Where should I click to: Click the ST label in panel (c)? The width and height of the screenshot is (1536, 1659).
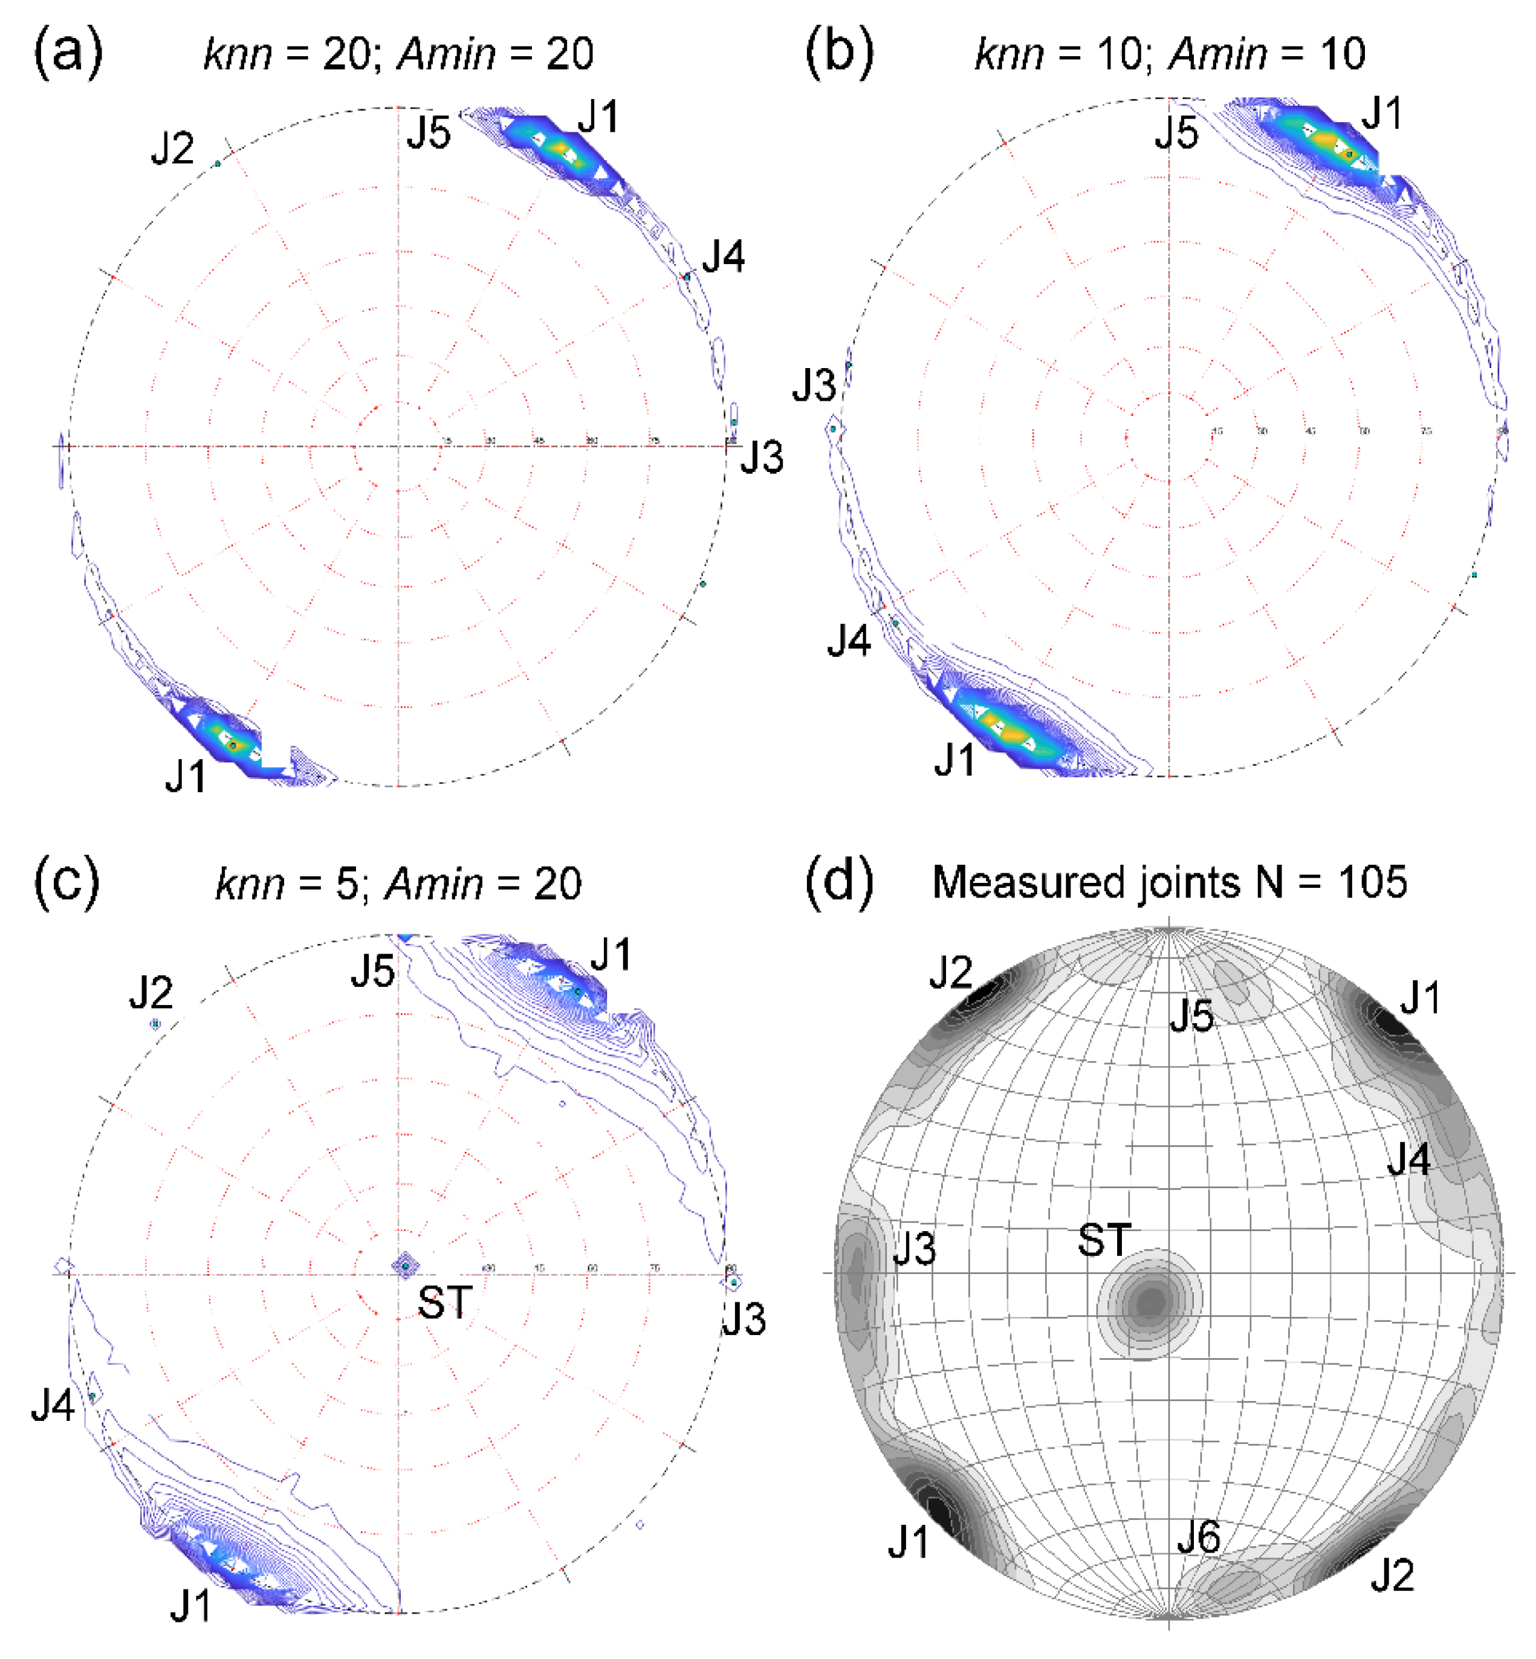pyautogui.click(x=445, y=1302)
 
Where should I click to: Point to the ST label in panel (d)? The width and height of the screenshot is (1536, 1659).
pyautogui.click(x=1104, y=1240)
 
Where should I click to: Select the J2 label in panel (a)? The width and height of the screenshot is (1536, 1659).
pyautogui.click(x=172, y=149)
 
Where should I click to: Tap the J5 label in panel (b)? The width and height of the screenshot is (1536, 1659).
pyautogui.click(x=1176, y=133)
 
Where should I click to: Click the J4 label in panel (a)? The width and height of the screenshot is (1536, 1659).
pyautogui.click(x=723, y=256)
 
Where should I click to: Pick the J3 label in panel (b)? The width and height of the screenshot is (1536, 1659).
pyautogui.click(x=813, y=386)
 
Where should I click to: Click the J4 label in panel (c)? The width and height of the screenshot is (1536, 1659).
pyautogui.click(x=53, y=1405)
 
